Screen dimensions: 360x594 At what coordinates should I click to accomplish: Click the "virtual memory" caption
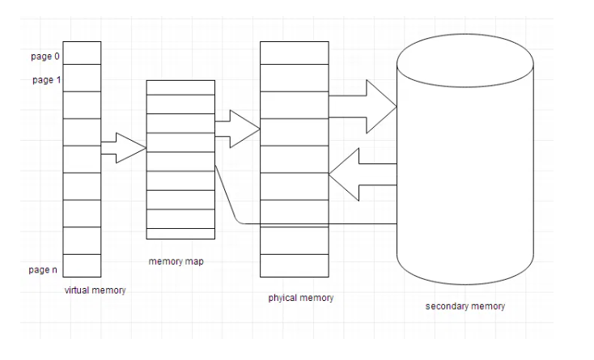(95, 290)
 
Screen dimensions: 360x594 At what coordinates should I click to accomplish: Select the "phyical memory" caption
(301, 299)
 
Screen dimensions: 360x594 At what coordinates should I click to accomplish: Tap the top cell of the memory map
(180, 87)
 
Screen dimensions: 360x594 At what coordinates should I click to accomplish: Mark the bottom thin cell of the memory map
(180, 234)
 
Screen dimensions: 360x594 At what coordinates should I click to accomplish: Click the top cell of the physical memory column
(295, 53)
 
